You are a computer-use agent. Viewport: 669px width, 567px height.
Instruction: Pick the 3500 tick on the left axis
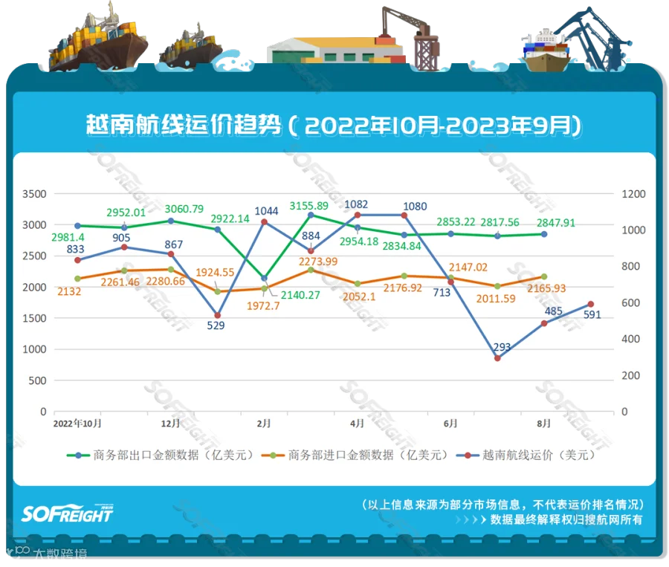[33, 194]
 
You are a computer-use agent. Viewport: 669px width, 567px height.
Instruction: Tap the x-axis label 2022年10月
[77, 423]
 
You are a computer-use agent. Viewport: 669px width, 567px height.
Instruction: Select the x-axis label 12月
[170, 423]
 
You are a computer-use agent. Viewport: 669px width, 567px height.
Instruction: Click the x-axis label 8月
[544, 423]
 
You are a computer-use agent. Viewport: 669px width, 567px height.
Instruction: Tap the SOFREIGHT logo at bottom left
[67, 513]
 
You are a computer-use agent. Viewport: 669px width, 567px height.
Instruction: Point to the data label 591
[592, 315]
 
